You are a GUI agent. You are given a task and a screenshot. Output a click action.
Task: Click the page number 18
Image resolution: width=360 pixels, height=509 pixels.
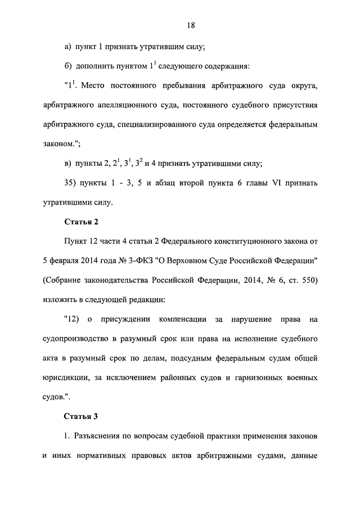pos(191,25)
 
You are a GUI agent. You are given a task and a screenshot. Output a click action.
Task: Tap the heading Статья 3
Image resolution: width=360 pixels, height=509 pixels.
pos(82,417)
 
